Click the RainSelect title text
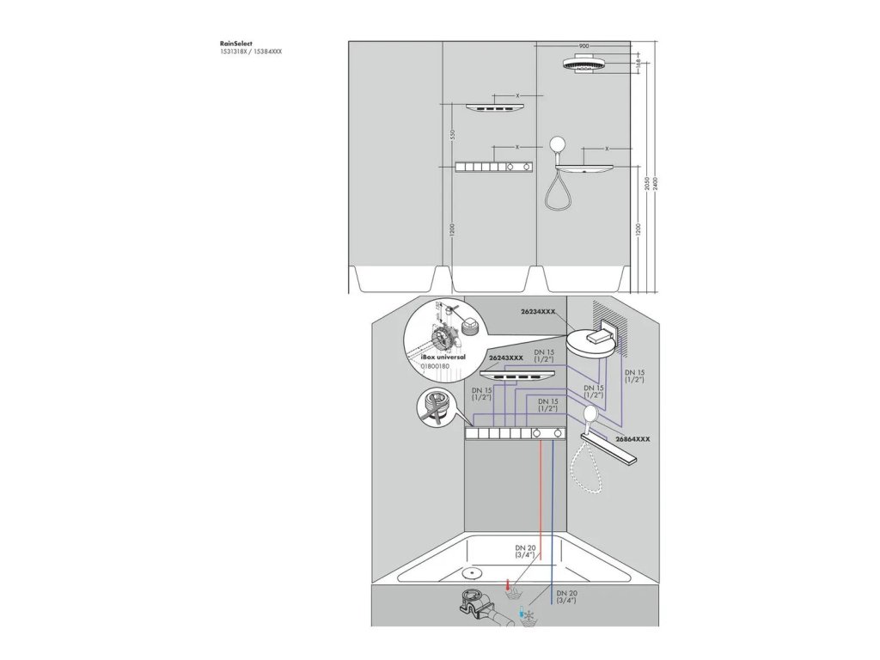(235, 43)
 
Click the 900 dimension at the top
(584, 46)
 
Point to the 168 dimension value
(637, 63)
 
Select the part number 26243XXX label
(506, 357)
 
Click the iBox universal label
(443, 355)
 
